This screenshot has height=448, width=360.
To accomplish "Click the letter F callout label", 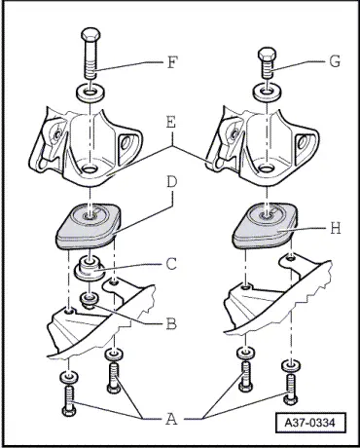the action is pos(172,62).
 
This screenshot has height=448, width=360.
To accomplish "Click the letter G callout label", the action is pos(335,61).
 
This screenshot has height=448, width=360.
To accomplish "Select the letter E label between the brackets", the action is pos(171,123).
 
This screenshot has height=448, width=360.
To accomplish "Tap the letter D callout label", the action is pos(172,182).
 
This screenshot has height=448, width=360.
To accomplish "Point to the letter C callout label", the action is pos(171,264).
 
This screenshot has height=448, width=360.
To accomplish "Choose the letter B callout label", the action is pos(171,323).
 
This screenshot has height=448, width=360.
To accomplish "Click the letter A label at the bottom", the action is pos(171,419).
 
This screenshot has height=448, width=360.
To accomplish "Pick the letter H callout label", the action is pos(336,229).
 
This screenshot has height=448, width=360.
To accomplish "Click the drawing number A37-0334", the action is pos(309,423).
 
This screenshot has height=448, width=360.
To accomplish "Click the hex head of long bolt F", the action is pos(90,35).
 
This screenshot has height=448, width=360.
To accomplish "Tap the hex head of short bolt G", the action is pos(267,54).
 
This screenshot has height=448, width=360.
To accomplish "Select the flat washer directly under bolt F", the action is pos(90,93).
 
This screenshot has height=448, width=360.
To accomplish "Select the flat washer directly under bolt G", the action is pos(267,93).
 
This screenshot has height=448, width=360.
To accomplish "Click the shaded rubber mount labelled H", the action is pos(265,226).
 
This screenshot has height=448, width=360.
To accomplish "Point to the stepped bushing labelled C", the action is pos(90,269).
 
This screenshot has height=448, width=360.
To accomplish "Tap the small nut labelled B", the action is pos(90,299).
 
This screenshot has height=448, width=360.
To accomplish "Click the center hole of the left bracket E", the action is pos(90,169).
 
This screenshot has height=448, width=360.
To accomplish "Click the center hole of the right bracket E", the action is pos(267,169).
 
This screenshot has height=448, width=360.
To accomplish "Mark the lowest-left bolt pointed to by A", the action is pos(69,401).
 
